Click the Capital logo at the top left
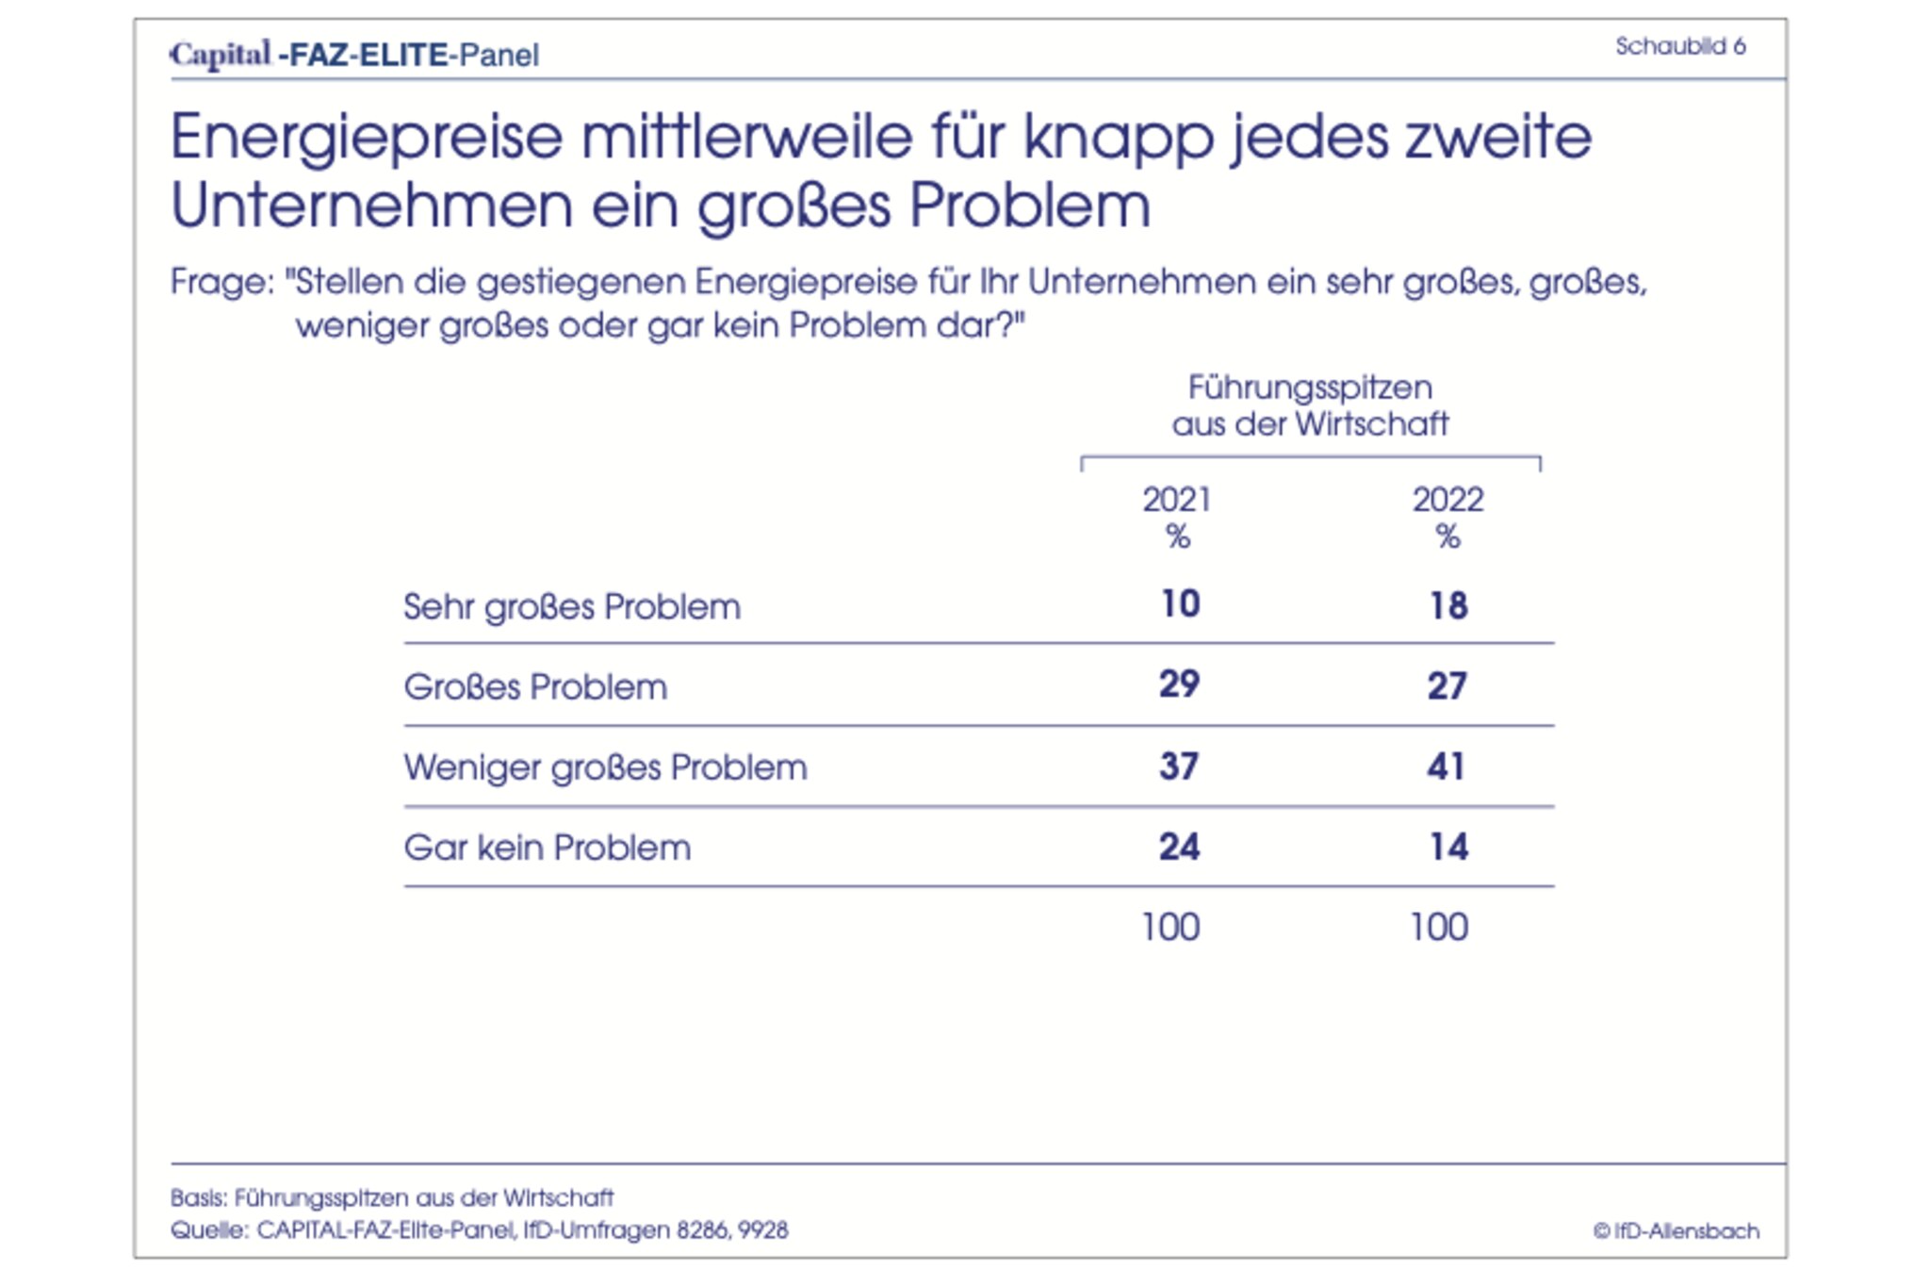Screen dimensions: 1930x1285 tap(221, 55)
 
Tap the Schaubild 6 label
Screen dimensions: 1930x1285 tap(1680, 46)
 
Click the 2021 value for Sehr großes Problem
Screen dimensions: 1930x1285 tap(1180, 604)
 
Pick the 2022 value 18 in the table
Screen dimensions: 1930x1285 tap(1448, 605)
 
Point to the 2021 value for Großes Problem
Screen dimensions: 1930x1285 tap(1179, 684)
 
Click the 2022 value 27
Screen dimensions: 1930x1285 tap(1447, 685)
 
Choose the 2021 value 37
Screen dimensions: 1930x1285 tap(1179, 766)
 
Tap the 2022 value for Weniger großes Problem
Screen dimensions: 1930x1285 tap(1447, 766)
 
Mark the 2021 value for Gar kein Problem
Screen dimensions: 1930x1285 tap(1179, 847)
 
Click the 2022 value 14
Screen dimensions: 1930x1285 tap(1448, 847)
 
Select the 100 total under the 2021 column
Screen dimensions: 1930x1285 tap(1170, 928)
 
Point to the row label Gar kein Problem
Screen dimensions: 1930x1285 tap(548, 848)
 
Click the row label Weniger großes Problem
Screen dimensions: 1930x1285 tap(606, 767)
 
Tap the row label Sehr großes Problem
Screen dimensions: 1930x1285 tap(572, 606)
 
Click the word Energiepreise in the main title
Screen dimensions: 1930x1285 tap(366, 138)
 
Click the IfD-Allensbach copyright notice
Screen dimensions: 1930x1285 tap(1676, 1230)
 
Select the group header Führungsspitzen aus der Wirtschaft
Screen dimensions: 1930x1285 tap(1310, 405)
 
